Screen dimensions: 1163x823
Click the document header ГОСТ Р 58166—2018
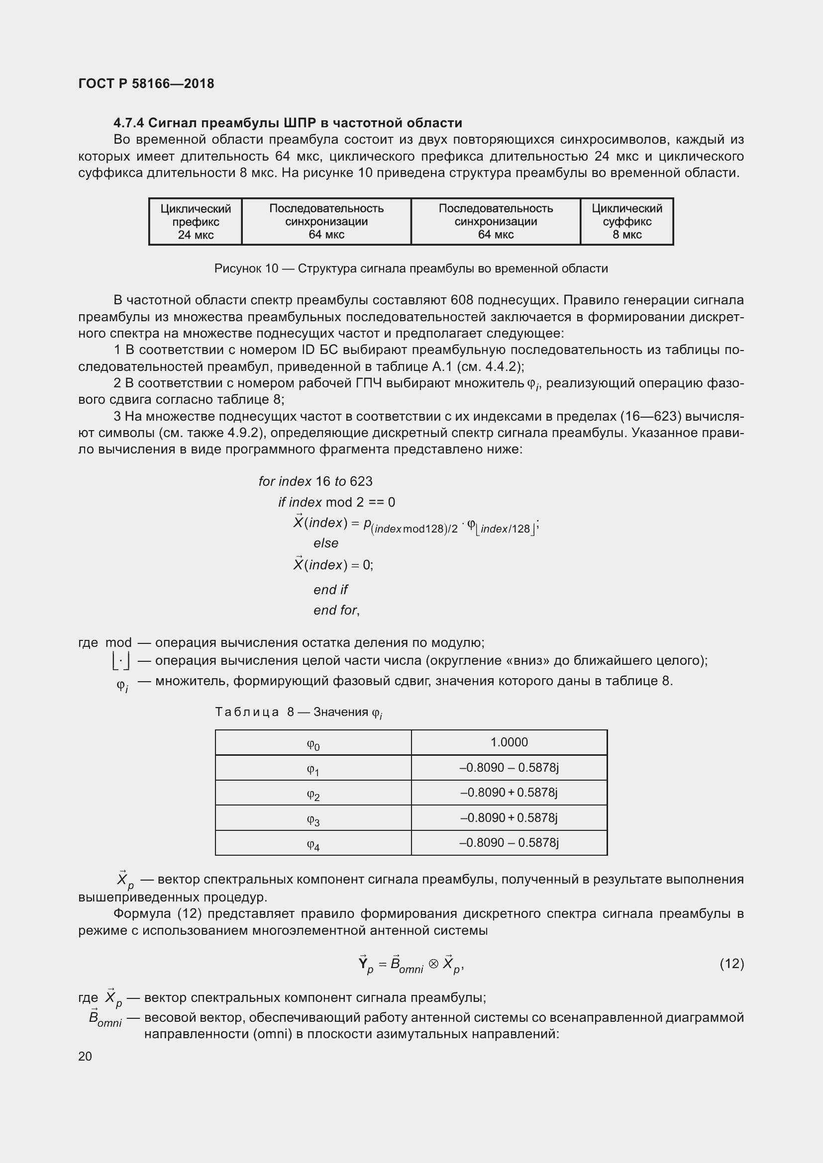(146, 84)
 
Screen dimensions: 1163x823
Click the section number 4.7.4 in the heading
(129, 123)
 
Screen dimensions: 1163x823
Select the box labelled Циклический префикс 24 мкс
(195, 221)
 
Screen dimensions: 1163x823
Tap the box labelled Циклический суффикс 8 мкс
(626, 221)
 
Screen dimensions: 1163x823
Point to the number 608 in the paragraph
(461, 300)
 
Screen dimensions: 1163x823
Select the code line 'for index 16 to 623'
(315, 481)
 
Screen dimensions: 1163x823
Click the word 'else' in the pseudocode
(325, 543)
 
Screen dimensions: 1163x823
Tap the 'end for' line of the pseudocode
(336, 610)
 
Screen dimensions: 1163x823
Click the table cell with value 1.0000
(509, 742)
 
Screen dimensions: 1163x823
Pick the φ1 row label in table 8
(312, 769)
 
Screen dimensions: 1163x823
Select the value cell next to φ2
(509, 792)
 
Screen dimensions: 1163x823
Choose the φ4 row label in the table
(312, 844)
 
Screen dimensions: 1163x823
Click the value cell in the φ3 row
(509, 817)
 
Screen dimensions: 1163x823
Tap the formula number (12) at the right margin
(731, 964)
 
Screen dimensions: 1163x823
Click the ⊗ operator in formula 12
(433, 964)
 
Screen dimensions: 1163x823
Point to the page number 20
(85, 1056)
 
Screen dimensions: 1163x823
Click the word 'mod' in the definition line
(118, 643)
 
